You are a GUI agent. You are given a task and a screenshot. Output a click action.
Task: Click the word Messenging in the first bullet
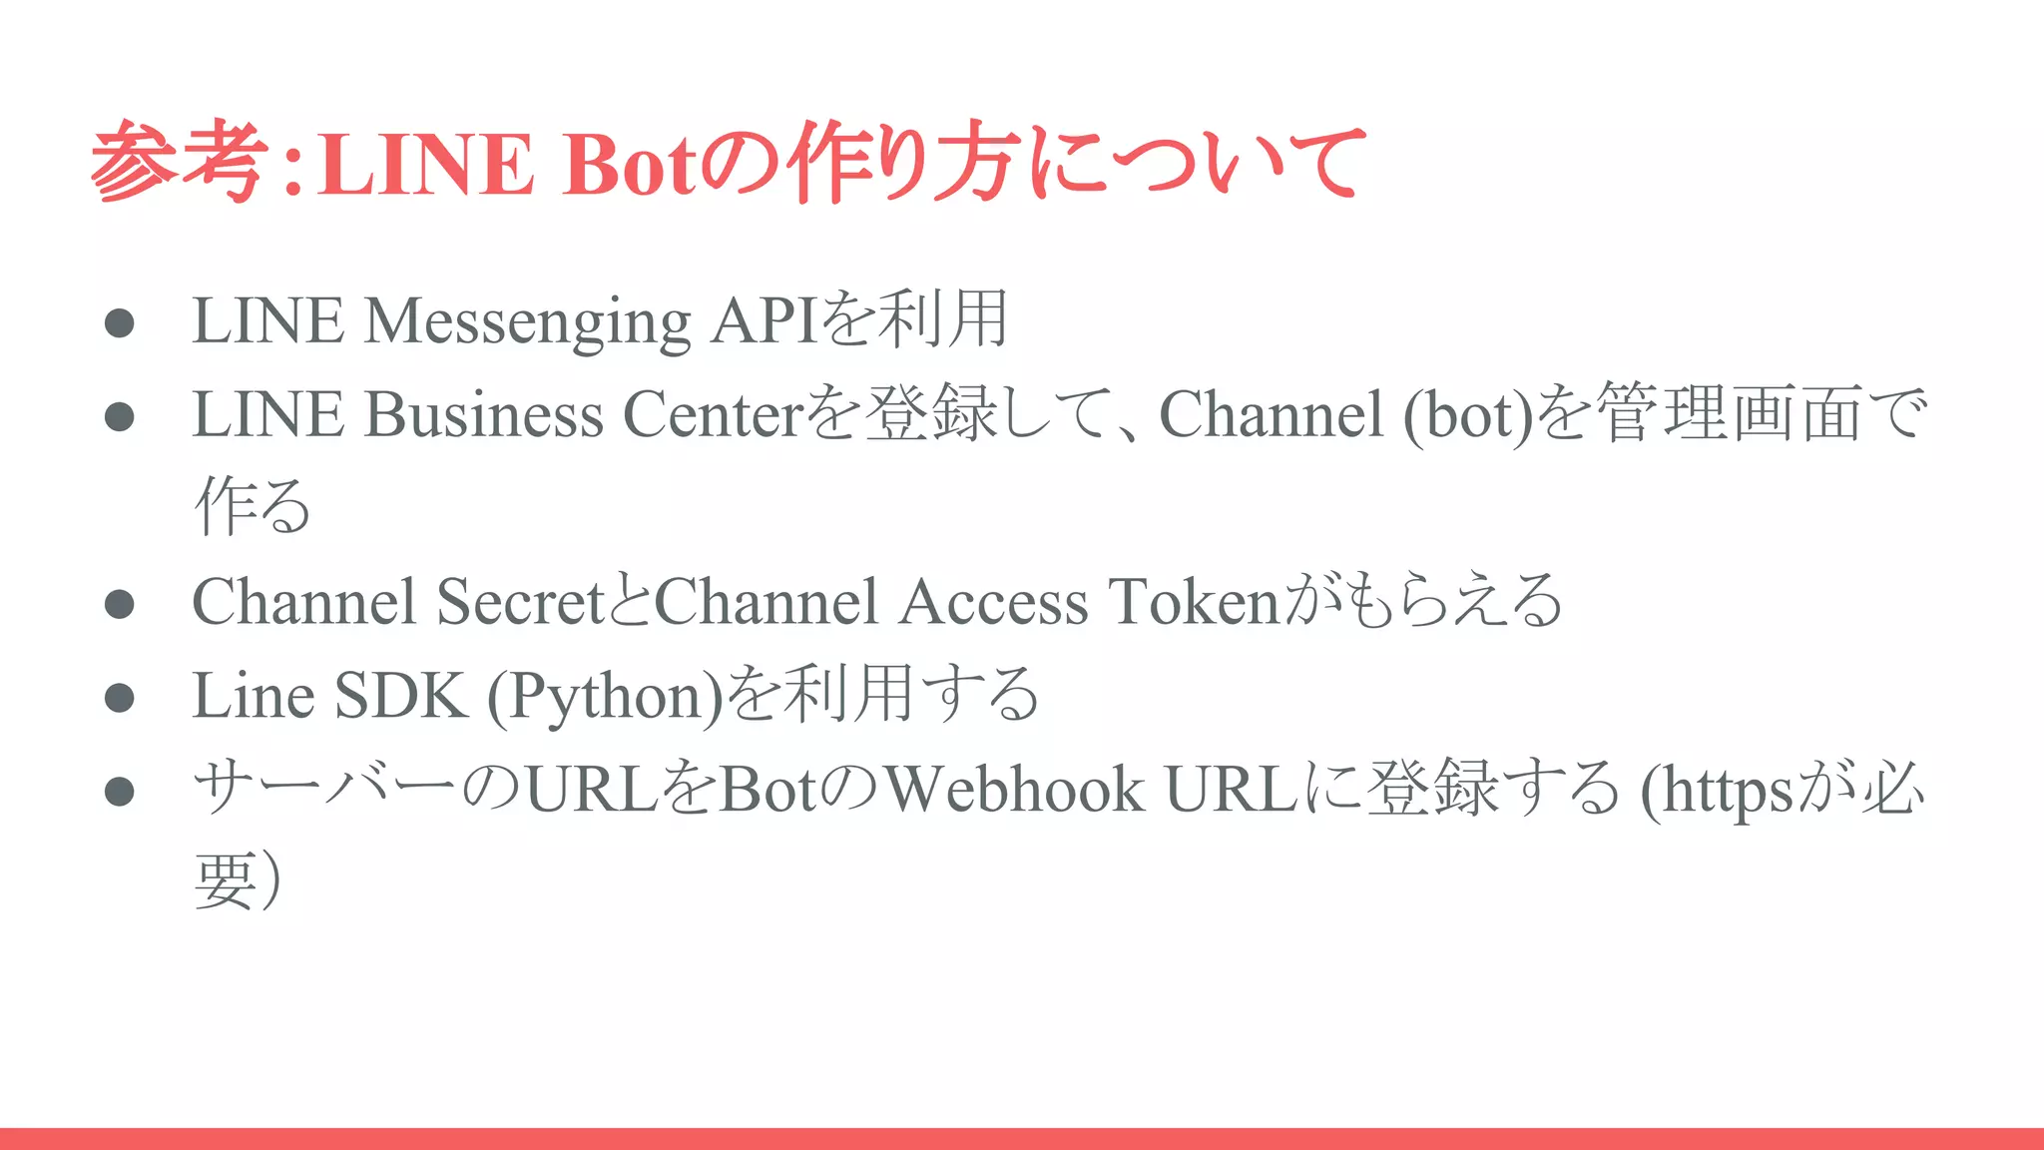(x=527, y=321)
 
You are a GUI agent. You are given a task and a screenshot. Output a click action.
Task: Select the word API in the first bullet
(x=765, y=321)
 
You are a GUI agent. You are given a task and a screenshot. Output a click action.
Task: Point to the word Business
(x=483, y=414)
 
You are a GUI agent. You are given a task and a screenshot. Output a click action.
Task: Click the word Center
(x=713, y=414)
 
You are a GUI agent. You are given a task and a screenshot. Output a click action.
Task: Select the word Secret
(x=521, y=602)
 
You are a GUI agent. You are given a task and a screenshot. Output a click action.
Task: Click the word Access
(x=993, y=602)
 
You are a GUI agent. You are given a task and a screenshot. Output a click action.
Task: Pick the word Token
(x=1194, y=602)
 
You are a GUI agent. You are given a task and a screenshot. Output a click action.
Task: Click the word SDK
(x=400, y=696)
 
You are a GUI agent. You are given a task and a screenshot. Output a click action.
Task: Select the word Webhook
(x=1014, y=790)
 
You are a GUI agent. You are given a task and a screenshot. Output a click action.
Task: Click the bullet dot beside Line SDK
(x=119, y=697)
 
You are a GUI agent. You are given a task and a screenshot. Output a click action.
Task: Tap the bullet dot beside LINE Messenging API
(x=119, y=322)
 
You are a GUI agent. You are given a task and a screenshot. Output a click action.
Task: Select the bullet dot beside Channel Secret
(x=119, y=603)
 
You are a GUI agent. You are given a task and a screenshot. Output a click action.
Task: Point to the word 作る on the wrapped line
(x=252, y=506)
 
